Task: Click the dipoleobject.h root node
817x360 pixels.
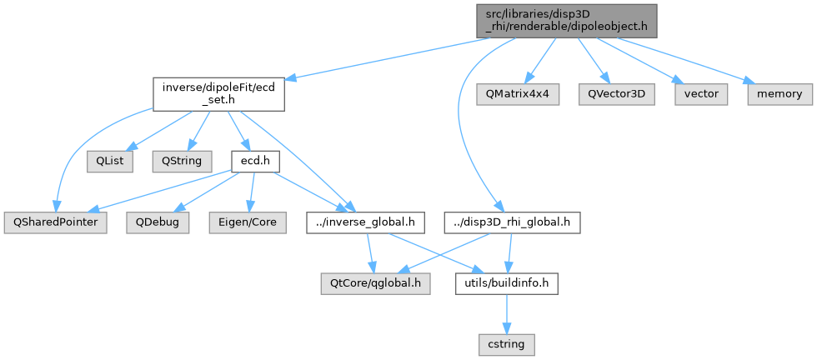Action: pos(567,20)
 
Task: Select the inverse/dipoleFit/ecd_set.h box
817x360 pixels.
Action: pos(218,94)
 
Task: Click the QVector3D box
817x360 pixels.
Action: pos(617,94)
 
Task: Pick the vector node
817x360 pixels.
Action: pos(701,94)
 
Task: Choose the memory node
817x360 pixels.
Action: pos(779,94)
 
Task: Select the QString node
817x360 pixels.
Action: pos(177,160)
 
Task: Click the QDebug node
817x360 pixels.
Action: pos(158,222)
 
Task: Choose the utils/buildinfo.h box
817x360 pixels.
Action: pos(506,284)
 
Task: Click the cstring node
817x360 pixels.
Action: pos(506,342)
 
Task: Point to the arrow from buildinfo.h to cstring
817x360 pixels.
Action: pos(506,314)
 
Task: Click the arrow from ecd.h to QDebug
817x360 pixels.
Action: pos(206,191)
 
